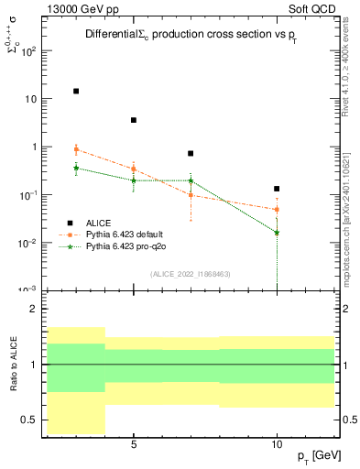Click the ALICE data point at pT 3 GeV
tap(76, 91)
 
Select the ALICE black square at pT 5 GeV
tap(134, 120)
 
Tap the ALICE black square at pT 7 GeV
tap(191, 154)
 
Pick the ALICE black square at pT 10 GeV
tap(277, 189)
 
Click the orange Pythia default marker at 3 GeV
tap(76, 149)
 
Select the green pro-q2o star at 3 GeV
tap(76, 168)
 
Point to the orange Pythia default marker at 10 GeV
tap(277, 210)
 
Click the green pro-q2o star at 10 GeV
tap(277, 233)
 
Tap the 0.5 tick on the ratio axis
tap(29, 420)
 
